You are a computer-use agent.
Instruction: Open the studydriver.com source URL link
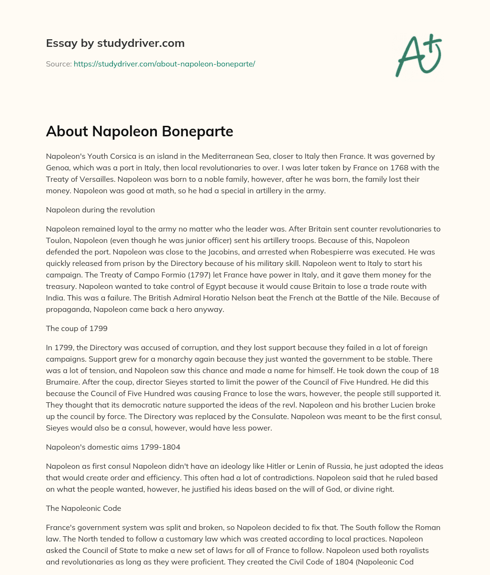tap(164, 64)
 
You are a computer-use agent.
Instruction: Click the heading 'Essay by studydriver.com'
tap(115, 43)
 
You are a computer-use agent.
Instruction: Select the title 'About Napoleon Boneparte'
tap(139, 132)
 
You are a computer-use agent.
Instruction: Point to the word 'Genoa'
tap(57, 167)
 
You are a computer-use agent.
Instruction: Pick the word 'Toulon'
tap(57, 240)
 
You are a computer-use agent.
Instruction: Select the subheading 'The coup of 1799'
tap(77, 328)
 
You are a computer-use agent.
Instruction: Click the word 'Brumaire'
tap(64, 382)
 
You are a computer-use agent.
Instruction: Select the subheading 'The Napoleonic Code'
tap(83, 508)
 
